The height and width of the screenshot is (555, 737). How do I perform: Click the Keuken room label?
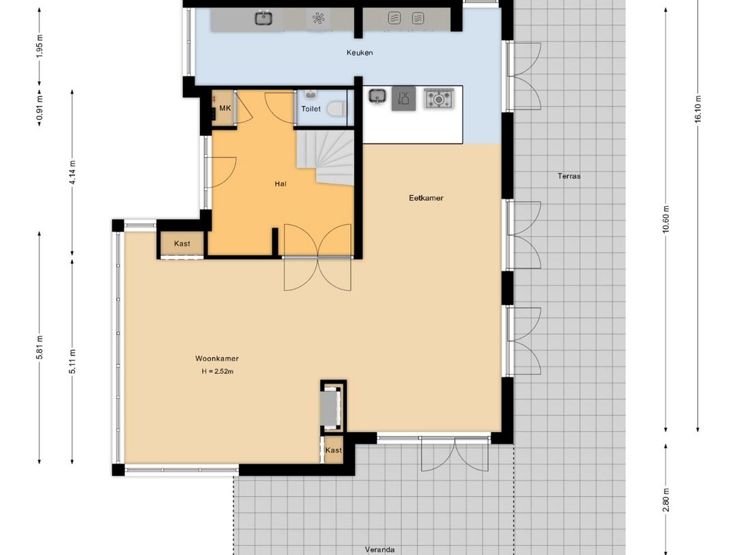pyautogui.click(x=360, y=53)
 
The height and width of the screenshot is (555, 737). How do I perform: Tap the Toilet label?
pyautogui.click(x=310, y=109)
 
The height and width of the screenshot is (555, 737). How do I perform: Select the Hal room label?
pyautogui.click(x=280, y=184)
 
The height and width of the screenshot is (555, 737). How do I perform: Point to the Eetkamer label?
pyautogui.click(x=426, y=198)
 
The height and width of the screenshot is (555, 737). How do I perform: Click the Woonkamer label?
pyautogui.click(x=217, y=358)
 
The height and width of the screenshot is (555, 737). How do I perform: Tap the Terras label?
pyautogui.click(x=569, y=176)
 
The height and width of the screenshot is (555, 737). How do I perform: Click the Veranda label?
pyautogui.click(x=380, y=550)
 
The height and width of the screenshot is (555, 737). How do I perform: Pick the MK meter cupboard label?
pyautogui.click(x=225, y=108)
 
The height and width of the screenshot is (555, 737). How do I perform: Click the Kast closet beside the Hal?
pyautogui.click(x=182, y=244)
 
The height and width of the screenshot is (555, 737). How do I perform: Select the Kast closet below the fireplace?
pyautogui.click(x=334, y=450)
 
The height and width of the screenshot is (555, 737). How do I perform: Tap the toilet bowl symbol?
pyautogui.click(x=336, y=109)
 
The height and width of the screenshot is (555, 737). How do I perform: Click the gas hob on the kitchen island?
pyautogui.click(x=438, y=99)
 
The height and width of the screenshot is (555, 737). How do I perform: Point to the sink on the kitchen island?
pyautogui.click(x=377, y=97)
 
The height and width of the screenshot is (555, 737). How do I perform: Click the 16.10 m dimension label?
pyautogui.click(x=697, y=109)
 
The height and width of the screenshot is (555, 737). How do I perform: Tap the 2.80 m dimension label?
pyautogui.click(x=665, y=500)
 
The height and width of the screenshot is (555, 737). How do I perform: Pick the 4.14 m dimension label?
pyautogui.click(x=72, y=172)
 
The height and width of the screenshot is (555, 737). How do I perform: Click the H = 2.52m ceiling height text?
pyautogui.click(x=218, y=371)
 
